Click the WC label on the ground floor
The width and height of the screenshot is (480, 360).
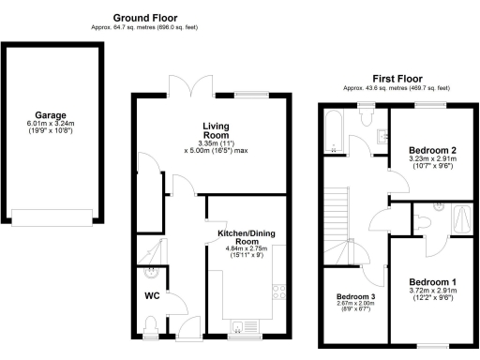tap(151, 297)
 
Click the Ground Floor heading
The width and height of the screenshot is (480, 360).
tap(144, 18)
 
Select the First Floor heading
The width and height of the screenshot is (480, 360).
tap(397, 78)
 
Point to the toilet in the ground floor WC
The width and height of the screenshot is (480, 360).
tap(151, 325)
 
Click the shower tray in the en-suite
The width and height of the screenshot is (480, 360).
tap(463, 219)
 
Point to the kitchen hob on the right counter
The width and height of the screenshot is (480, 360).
tap(278, 296)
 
